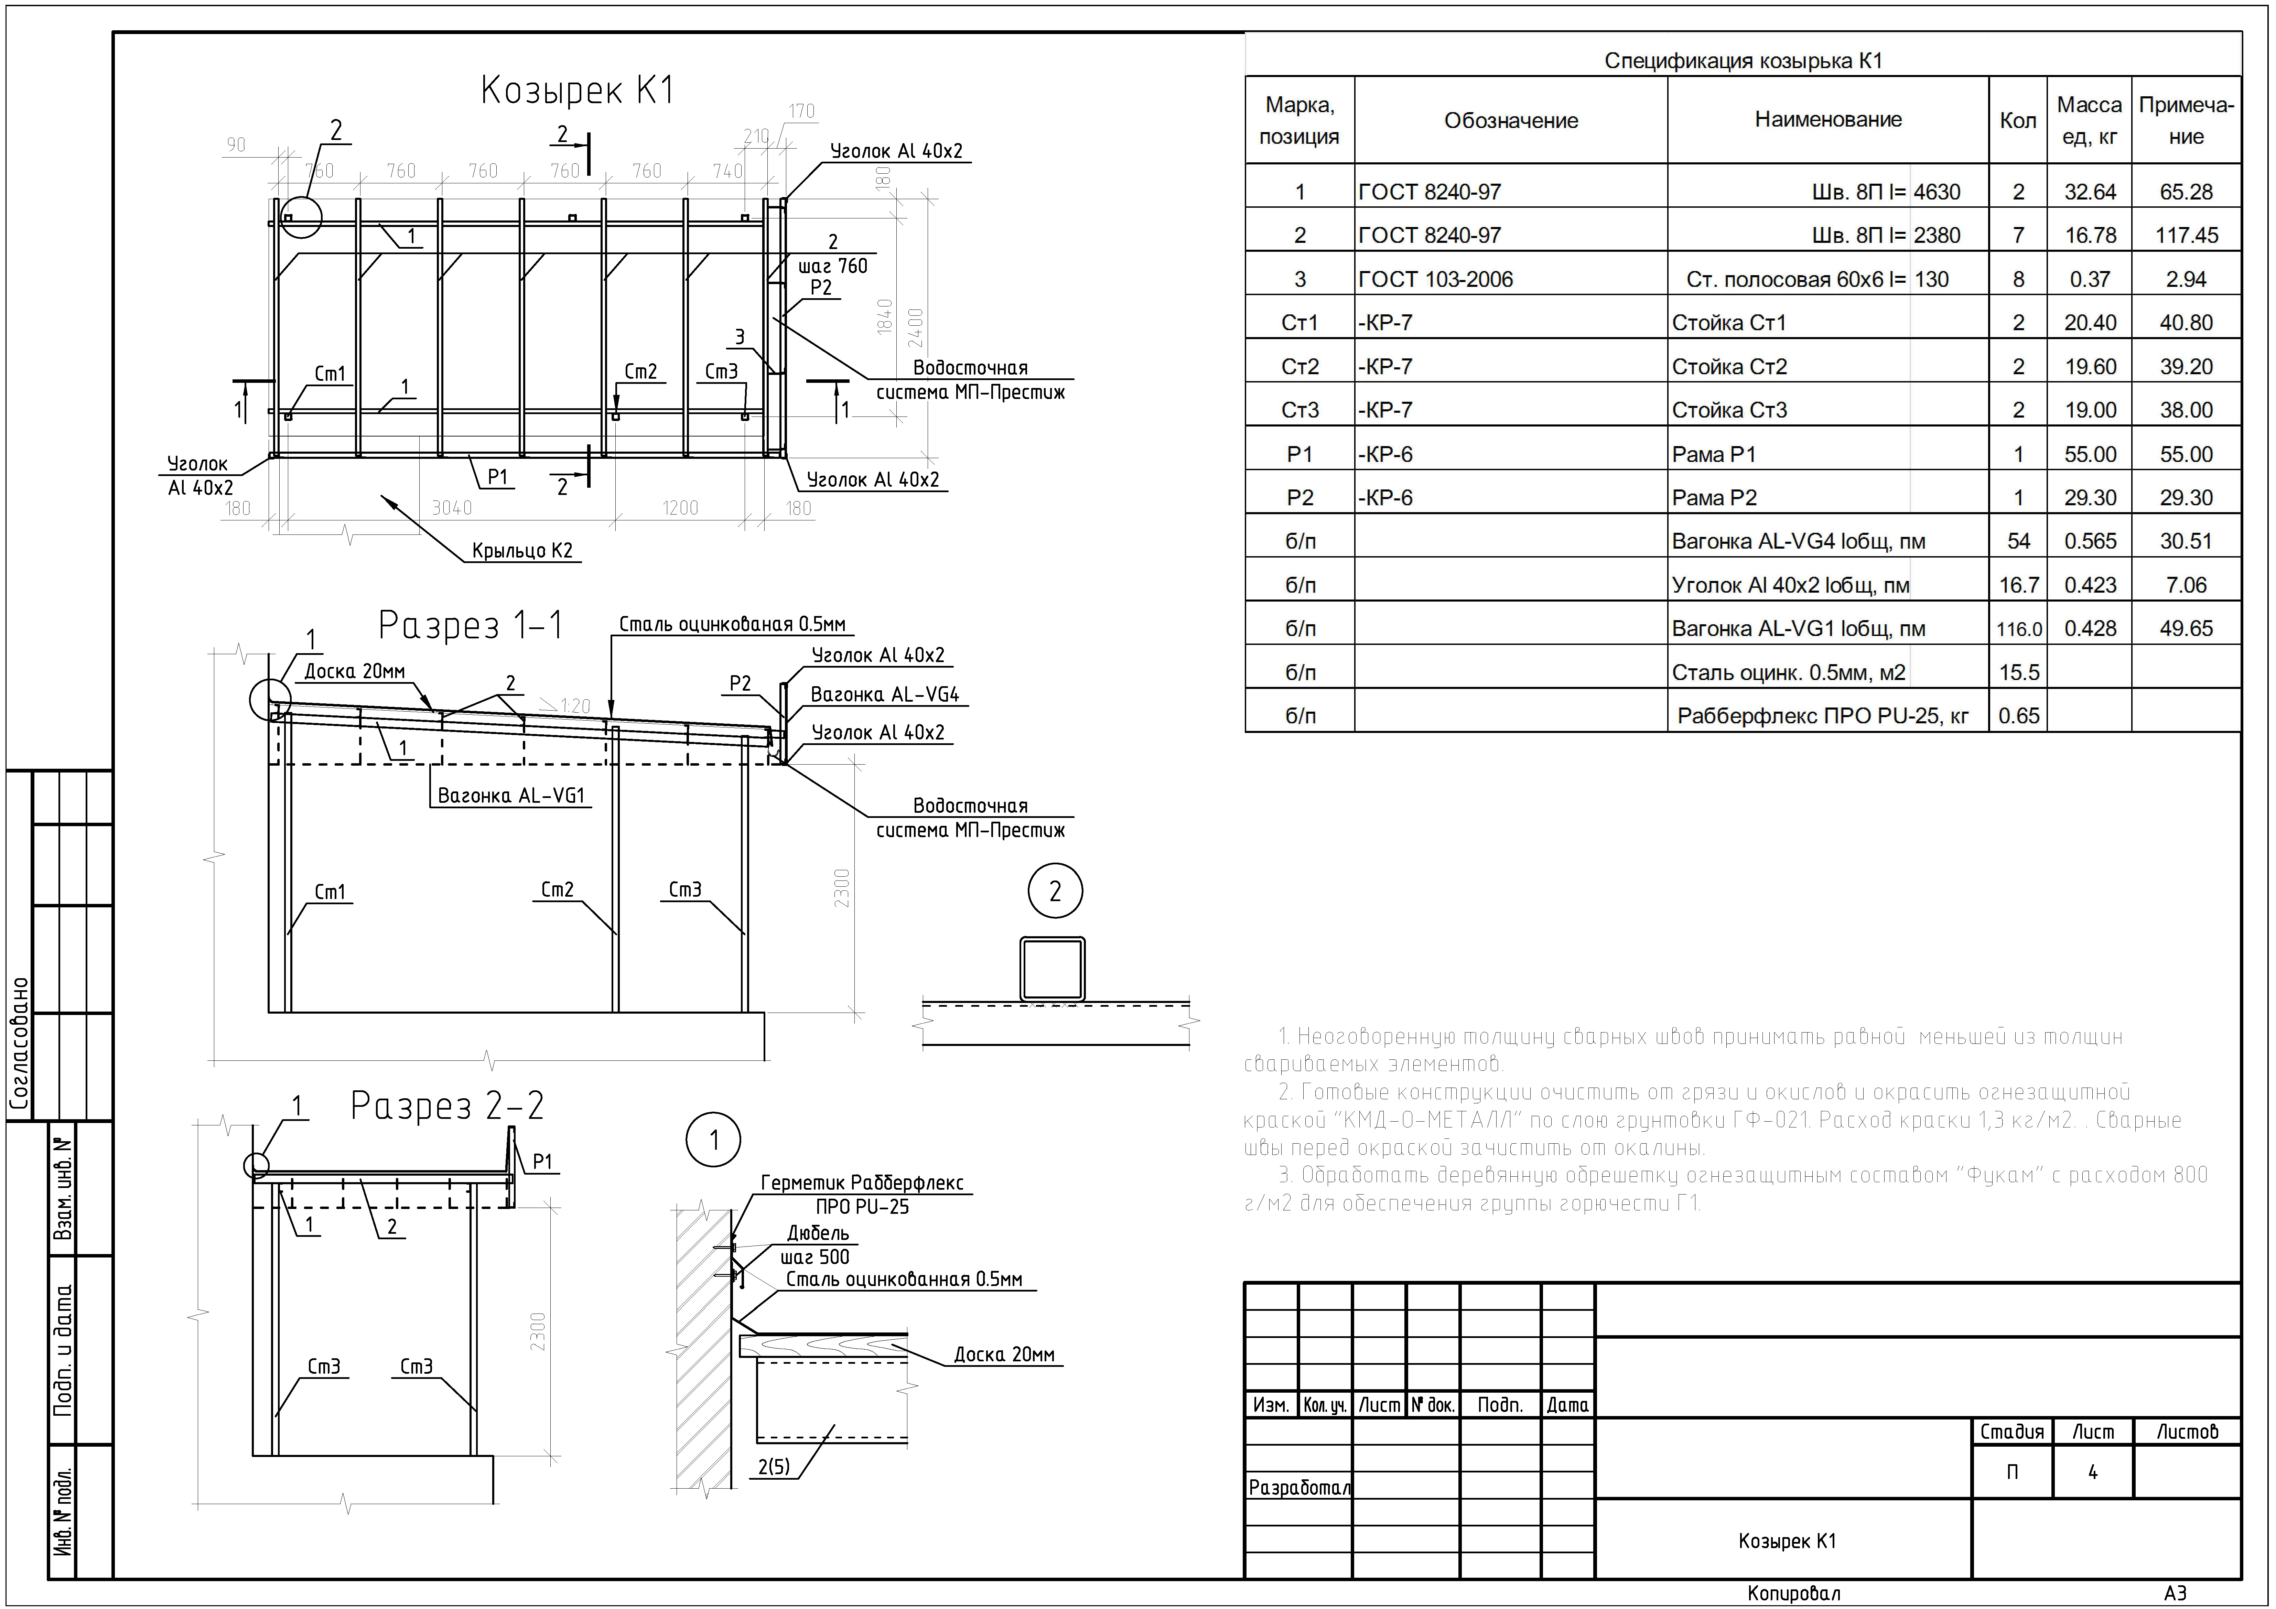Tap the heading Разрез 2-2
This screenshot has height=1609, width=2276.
pos(447,1105)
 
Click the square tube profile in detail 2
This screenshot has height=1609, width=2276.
pos(1053,969)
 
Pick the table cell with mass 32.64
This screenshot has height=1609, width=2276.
pos(2090,192)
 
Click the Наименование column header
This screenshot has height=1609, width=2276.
pos(1828,120)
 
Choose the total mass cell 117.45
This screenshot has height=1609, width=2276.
pos(2186,236)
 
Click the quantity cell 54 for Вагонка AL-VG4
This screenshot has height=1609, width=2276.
pos(2018,541)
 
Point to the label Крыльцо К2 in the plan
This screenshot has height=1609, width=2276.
pos(522,551)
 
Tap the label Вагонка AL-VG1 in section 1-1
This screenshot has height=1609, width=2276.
pos(510,796)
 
